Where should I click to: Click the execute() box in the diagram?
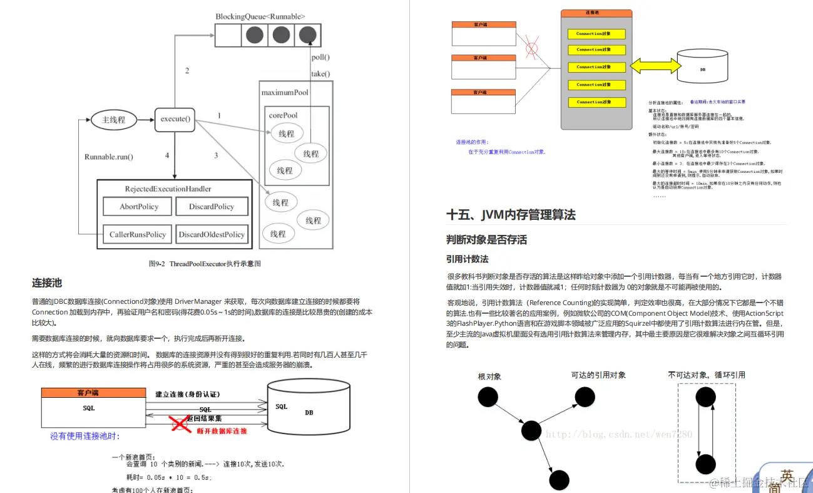pyautogui.click(x=175, y=118)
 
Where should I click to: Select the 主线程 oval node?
pyautogui.click(x=113, y=120)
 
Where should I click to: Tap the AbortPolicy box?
pyautogui.click(x=139, y=207)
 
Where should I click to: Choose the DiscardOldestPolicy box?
pyautogui.click(x=212, y=234)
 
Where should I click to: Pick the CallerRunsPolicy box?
pyautogui.click(x=138, y=234)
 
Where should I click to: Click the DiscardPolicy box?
pyautogui.click(x=212, y=207)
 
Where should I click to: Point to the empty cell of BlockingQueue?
pyautogui.click(x=228, y=35)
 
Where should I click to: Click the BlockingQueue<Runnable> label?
pyautogui.click(x=261, y=16)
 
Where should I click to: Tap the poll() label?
pyautogui.click(x=320, y=57)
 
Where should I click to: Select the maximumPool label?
pyautogui.click(x=285, y=93)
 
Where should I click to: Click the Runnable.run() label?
pyautogui.click(x=109, y=157)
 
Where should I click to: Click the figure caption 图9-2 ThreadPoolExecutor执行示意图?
pyautogui.click(x=205, y=264)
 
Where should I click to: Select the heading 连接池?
pyautogui.click(x=47, y=283)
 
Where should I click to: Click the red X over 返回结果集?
pyautogui.click(x=181, y=425)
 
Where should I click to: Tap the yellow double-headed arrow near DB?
pyautogui.click(x=653, y=66)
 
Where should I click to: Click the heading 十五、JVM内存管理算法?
pyautogui.click(x=511, y=215)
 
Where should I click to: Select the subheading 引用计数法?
pyautogui.click(x=467, y=259)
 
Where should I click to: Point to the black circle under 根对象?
pyautogui.click(x=488, y=397)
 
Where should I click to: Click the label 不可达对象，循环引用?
pyautogui.click(x=706, y=375)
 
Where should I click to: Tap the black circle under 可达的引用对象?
pyautogui.click(x=585, y=396)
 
